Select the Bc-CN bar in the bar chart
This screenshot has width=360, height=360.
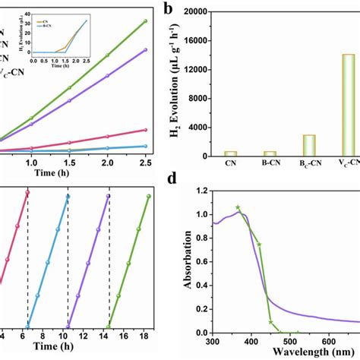[288, 146]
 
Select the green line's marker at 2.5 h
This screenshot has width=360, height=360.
[145, 21]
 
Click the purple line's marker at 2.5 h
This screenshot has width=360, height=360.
[145, 50]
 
